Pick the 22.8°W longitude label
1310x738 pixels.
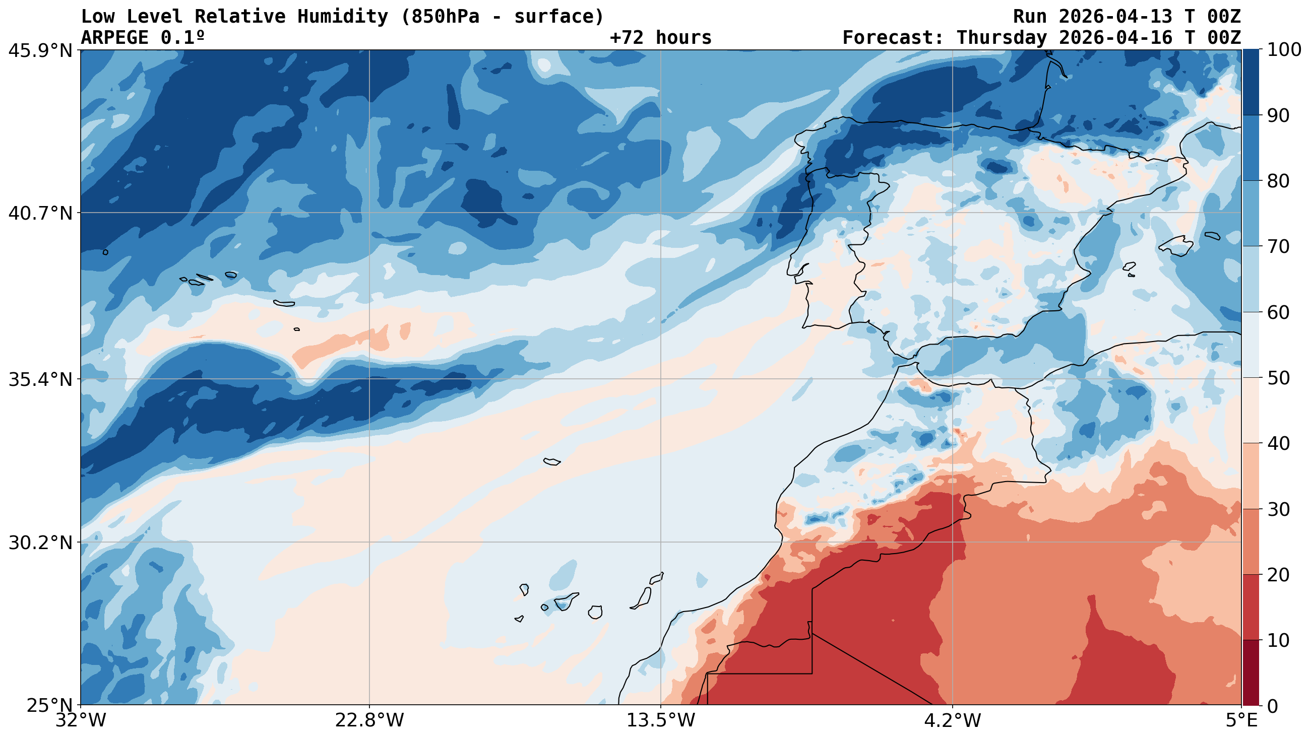(369, 720)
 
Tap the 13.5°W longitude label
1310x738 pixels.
(661, 720)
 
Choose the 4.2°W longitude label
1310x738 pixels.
(952, 720)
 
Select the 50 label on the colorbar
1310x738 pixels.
(1277, 378)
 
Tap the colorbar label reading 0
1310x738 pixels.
(1271, 706)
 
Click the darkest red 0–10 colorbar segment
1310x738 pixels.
(1251, 673)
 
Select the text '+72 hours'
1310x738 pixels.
(661, 38)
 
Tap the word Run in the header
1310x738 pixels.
(1030, 17)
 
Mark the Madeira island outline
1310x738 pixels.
(552, 461)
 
